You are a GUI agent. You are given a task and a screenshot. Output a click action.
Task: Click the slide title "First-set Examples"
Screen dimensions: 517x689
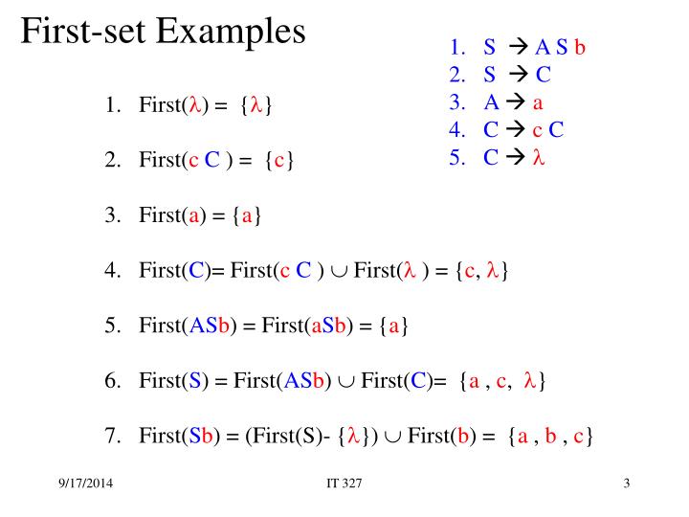(x=164, y=33)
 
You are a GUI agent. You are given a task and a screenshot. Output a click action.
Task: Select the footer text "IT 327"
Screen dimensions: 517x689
(x=344, y=483)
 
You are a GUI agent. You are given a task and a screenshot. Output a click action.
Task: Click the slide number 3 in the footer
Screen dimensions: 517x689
(x=626, y=483)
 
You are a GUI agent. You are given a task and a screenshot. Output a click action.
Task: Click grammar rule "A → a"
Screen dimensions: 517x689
(x=514, y=103)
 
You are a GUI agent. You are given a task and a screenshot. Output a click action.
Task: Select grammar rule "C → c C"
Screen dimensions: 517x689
(x=523, y=131)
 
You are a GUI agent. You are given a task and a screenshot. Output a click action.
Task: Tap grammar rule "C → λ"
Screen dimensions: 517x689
(x=514, y=158)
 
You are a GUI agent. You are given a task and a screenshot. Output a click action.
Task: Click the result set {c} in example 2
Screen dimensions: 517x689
(x=278, y=161)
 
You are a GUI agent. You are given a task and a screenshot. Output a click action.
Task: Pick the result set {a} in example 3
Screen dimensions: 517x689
(x=247, y=216)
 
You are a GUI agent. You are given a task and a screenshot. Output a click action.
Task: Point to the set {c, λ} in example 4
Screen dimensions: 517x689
(x=481, y=272)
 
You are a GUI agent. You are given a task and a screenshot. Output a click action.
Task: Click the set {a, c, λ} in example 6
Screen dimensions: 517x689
(x=503, y=382)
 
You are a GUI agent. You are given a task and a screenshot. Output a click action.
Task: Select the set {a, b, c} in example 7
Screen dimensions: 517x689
(x=551, y=438)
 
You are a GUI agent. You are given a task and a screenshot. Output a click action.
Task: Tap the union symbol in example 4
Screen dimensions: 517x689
(x=338, y=272)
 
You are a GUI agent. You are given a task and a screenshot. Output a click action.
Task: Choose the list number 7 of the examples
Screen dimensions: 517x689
(x=111, y=438)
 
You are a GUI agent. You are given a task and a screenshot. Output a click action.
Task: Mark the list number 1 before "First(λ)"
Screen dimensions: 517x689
(x=111, y=105)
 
